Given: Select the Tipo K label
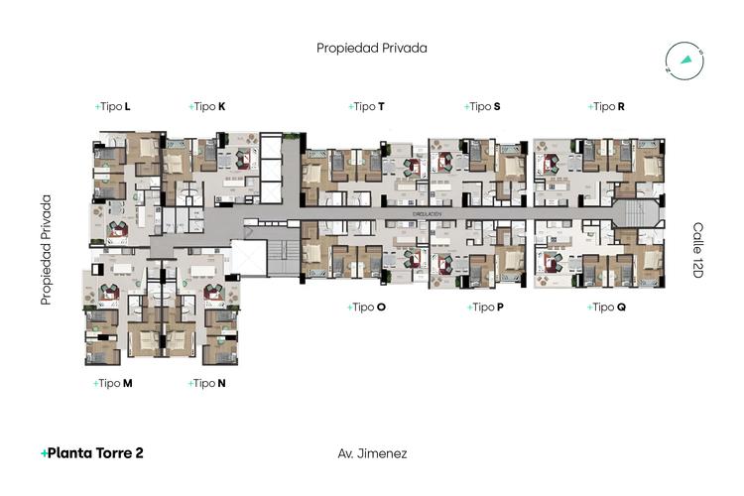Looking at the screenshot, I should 207,106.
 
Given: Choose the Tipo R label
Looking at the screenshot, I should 606,106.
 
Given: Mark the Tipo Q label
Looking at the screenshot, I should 606,308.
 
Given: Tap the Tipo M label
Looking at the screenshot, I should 113,383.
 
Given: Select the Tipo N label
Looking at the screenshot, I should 207,383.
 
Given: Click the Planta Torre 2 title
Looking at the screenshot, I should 92,453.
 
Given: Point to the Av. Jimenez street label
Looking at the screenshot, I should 372,453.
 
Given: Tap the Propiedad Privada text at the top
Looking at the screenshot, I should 372,48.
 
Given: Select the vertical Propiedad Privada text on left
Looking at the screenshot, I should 46,249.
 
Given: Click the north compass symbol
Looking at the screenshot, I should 684,59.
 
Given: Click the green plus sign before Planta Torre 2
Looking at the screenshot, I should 44,453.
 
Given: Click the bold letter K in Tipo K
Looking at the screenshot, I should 221,106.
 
